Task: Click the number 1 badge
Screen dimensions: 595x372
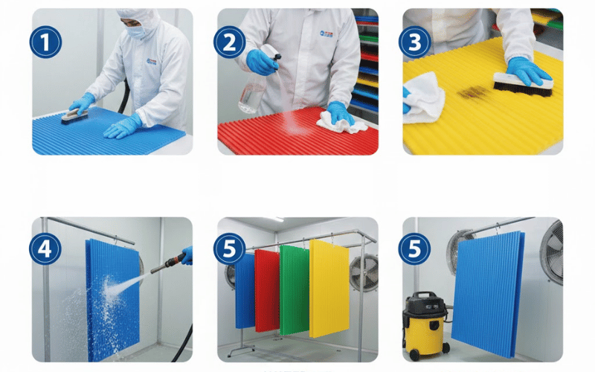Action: click(45, 42)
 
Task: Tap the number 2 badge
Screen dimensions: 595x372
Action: click(229, 42)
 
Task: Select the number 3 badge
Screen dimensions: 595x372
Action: click(415, 42)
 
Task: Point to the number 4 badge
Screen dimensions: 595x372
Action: click(45, 249)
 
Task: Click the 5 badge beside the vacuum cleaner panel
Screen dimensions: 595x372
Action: click(414, 249)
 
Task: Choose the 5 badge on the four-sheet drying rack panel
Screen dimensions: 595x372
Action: click(229, 249)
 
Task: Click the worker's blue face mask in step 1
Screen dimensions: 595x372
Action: click(135, 32)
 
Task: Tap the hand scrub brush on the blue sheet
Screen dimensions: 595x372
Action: click(75, 116)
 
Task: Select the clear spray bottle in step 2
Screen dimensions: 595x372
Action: click(255, 83)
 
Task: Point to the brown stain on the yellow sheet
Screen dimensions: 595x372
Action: click(472, 92)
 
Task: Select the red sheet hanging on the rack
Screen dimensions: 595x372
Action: click(267, 290)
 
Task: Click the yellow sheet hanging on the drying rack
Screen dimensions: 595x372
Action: click(329, 289)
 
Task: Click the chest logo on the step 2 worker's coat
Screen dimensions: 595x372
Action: click(326, 34)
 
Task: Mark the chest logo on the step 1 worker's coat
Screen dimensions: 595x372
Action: click(152, 62)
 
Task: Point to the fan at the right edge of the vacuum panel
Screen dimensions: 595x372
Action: click(552, 252)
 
